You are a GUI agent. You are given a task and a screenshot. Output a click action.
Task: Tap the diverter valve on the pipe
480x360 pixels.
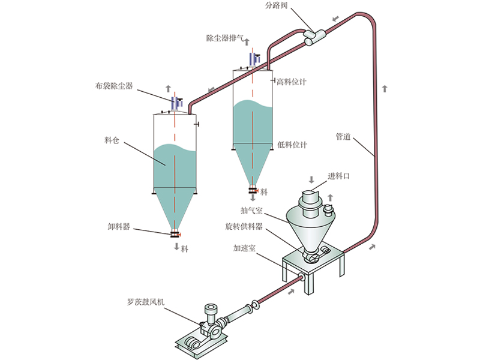point(313,35)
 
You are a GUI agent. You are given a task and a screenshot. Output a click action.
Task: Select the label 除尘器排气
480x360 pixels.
point(225,38)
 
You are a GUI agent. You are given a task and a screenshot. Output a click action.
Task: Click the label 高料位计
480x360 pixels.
point(292,82)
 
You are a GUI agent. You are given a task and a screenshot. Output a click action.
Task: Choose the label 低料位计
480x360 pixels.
point(293,145)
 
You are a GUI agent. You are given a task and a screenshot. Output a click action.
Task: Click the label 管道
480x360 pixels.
point(343,136)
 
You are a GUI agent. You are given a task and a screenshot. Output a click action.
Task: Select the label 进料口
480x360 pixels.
point(338,176)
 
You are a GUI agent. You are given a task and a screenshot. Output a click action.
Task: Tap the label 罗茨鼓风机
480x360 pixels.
point(147,303)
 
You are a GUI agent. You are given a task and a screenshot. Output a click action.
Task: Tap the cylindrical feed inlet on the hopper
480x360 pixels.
point(311,197)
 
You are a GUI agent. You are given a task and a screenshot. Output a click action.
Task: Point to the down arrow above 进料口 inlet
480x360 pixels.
point(311,180)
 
